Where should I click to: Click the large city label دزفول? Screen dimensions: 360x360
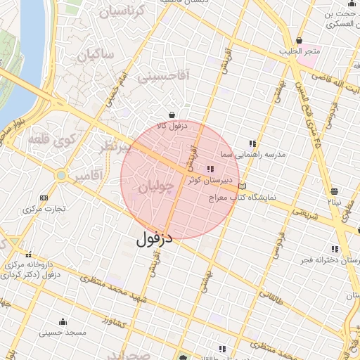[x=154, y=238]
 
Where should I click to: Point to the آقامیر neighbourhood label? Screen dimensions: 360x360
[x=91, y=174]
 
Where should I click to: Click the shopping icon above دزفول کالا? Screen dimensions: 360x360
[x=172, y=115]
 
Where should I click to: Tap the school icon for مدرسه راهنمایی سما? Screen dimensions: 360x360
[x=252, y=143]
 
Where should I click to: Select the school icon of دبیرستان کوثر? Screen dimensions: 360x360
[x=210, y=169]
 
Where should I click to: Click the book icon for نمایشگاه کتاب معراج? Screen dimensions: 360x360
[x=243, y=187]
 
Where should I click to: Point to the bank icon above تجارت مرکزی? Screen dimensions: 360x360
[x=45, y=198]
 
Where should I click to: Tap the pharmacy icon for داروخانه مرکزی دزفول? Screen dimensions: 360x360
[x=28, y=255]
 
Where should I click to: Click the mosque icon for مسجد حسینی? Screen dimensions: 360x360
[x=63, y=321]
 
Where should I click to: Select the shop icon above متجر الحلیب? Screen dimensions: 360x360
[x=300, y=40]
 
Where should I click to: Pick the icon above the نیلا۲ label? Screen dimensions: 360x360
[x=334, y=191]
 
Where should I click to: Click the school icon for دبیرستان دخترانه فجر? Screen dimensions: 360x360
[x=334, y=249]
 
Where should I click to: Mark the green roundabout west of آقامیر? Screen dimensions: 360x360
[x=61, y=174]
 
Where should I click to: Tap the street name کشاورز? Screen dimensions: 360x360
[x=112, y=321]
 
